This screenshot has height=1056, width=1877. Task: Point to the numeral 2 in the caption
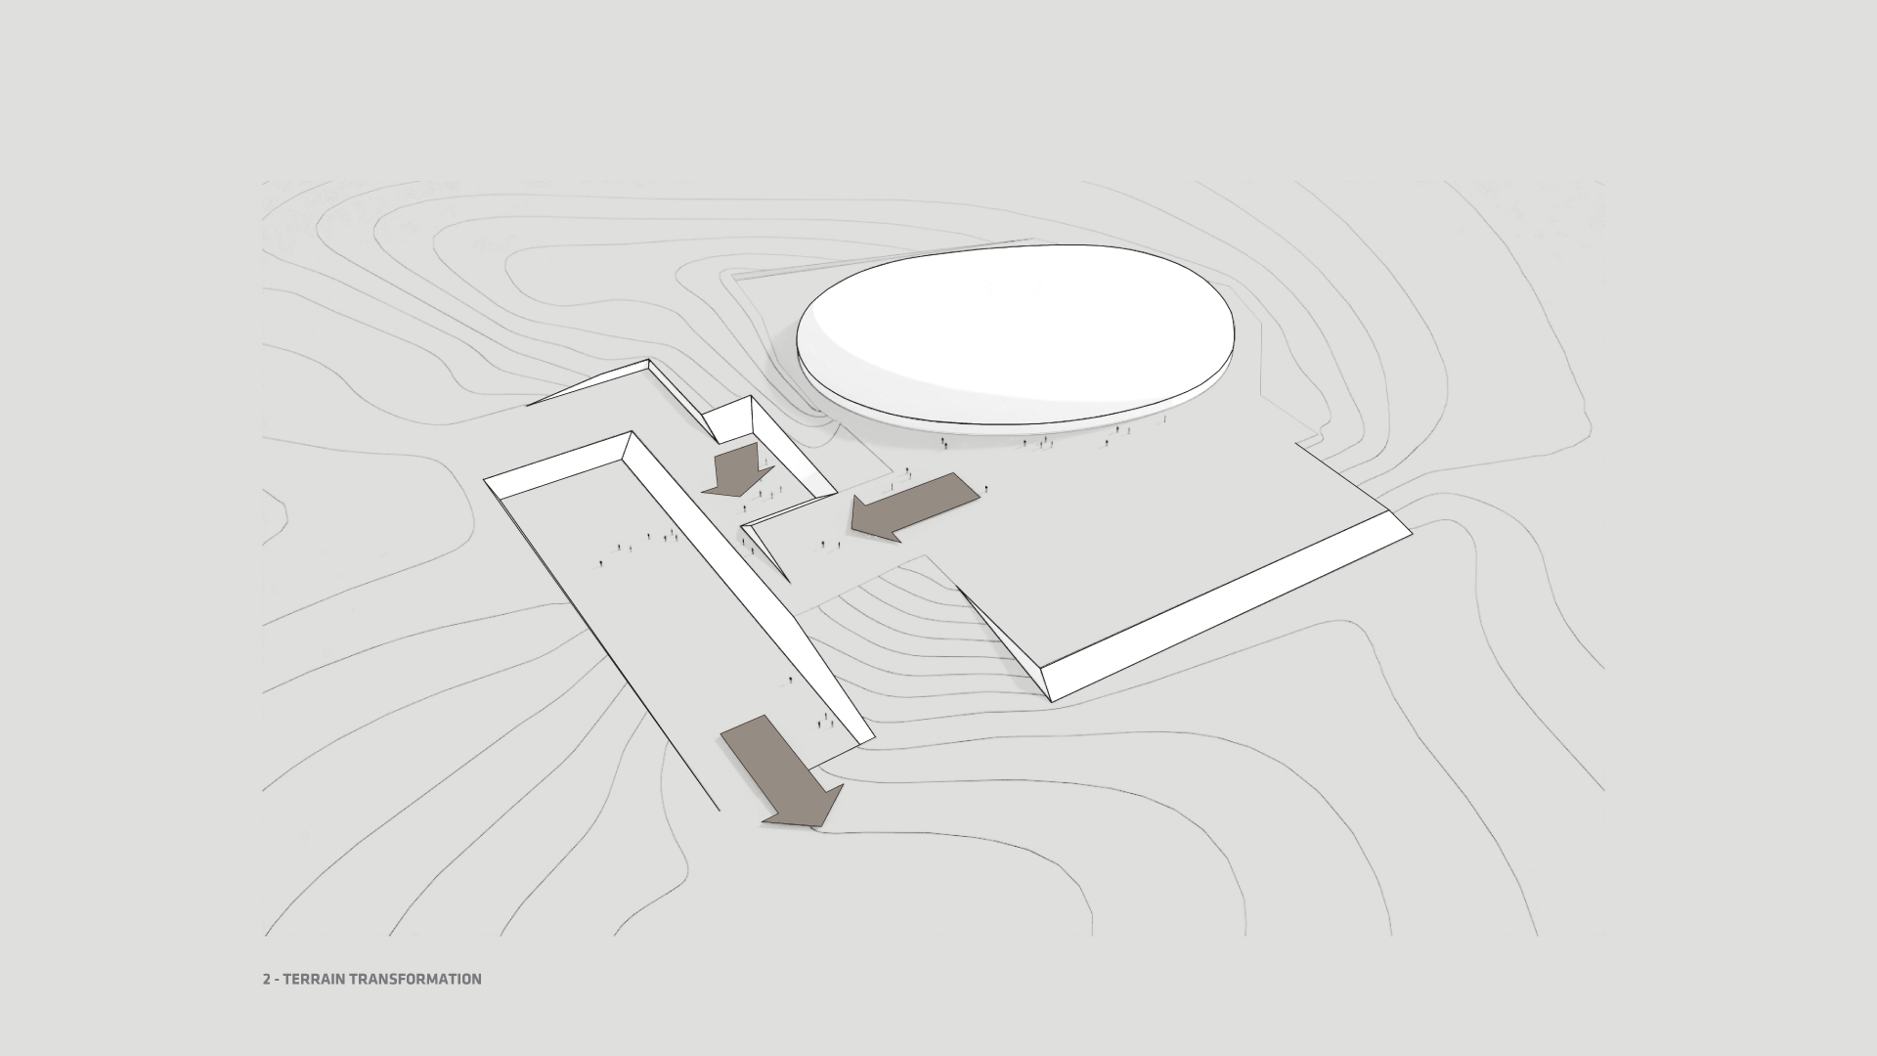tap(266, 979)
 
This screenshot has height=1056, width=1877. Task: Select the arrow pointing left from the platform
tap(914, 505)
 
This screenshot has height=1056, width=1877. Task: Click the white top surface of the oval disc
tap(1017, 323)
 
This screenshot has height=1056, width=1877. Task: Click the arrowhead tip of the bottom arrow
tap(813, 826)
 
